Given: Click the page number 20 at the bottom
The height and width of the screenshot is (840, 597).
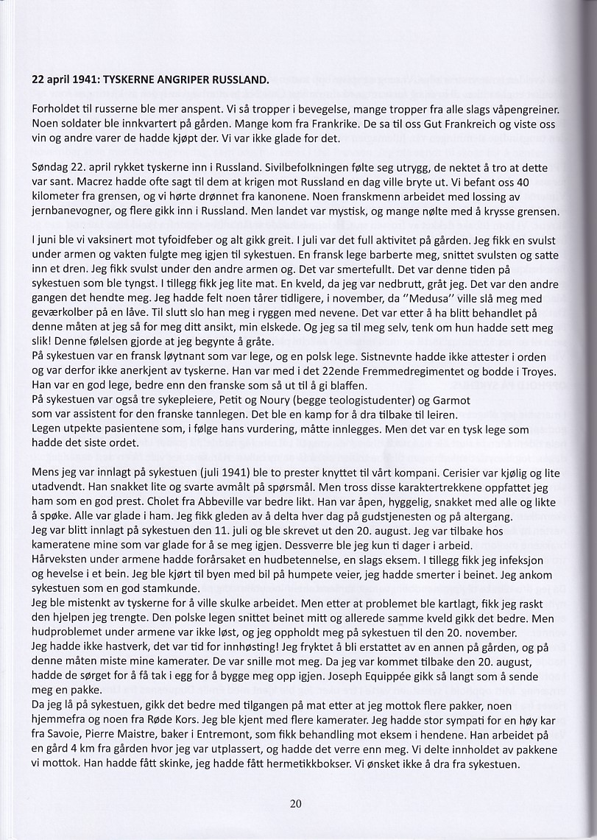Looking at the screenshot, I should pyautogui.click(x=296, y=803).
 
